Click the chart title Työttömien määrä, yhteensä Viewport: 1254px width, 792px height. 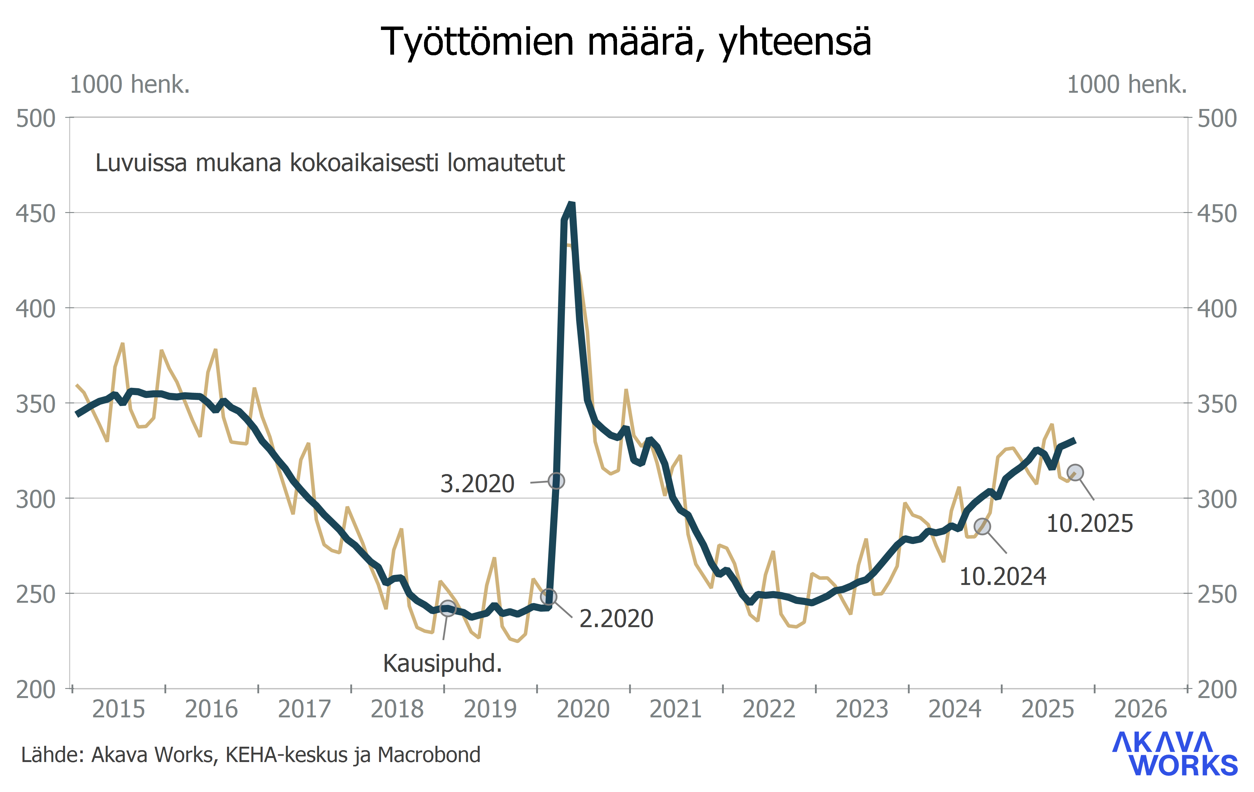pyautogui.click(x=626, y=42)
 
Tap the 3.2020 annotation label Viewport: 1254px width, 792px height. pyautogui.click(x=477, y=484)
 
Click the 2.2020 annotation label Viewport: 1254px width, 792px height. pyautogui.click(x=616, y=619)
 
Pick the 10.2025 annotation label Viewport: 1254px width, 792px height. pyautogui.click(x=1089, y=524)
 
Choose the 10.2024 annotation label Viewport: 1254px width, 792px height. pyautogui.click(x=1002, y=577)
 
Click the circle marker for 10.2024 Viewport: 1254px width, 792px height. pyautogui.click(x=982, y=527)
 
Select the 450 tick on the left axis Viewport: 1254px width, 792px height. pyautogui.click(x=35, y=214)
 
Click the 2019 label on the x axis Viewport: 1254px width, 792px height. pyautogui.click(x=490, y=709)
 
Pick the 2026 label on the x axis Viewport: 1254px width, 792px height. pyautogui.click(x=1140, y=709)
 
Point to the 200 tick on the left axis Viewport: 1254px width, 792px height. pyautogui.click(x=35, y=690)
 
